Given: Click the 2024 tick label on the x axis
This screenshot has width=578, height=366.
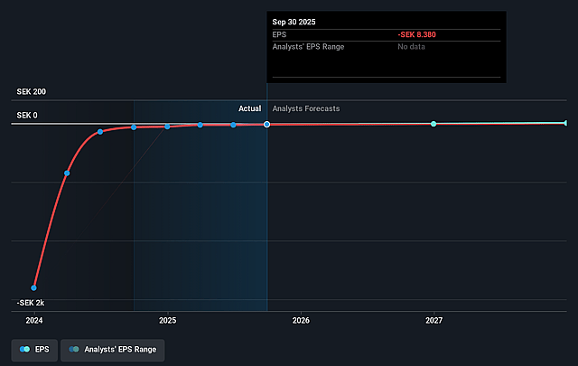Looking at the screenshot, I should coord(34,320).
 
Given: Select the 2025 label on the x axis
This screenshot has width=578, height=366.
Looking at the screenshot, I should coord(167,320).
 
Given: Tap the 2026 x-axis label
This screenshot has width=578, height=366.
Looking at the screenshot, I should coord(301,320).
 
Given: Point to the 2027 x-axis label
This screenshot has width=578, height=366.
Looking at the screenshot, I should coord(434,320).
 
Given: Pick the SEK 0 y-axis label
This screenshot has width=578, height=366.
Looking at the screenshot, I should coord(26,115).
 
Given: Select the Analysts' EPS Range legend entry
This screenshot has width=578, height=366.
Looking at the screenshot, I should coord(113,348).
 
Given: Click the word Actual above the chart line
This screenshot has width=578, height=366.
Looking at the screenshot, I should coord(249,108).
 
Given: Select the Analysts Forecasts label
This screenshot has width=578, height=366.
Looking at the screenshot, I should coord(306,108).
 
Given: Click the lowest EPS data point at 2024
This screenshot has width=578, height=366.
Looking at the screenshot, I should coord(34,287).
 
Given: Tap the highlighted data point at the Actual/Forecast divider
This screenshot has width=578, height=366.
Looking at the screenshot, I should coord(267,124).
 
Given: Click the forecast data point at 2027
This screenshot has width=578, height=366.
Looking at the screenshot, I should coord(433,124).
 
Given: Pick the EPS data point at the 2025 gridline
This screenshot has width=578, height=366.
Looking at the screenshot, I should coord(167,127).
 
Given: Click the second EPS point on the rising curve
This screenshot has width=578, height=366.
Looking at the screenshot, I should coord(67,173).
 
